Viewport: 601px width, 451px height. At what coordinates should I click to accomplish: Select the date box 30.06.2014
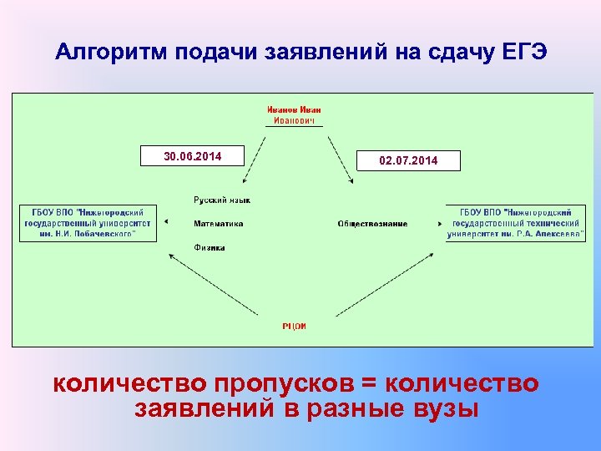click(x=191, y=155)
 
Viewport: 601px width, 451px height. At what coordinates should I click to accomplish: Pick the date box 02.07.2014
click(x=408, y=160)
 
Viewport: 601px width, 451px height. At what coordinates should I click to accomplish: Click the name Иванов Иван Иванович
click(x=294, y=114)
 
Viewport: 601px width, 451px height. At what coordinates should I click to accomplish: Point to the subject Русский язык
click(x=222, y=200)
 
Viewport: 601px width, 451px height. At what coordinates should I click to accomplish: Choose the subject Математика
click(x=219, y=224)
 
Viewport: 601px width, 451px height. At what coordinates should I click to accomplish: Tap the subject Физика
click(x=209, y=247)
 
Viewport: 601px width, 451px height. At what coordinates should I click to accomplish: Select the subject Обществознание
click(x=372, y=224)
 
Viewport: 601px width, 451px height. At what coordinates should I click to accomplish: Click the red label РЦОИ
click(x=295, y=327)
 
